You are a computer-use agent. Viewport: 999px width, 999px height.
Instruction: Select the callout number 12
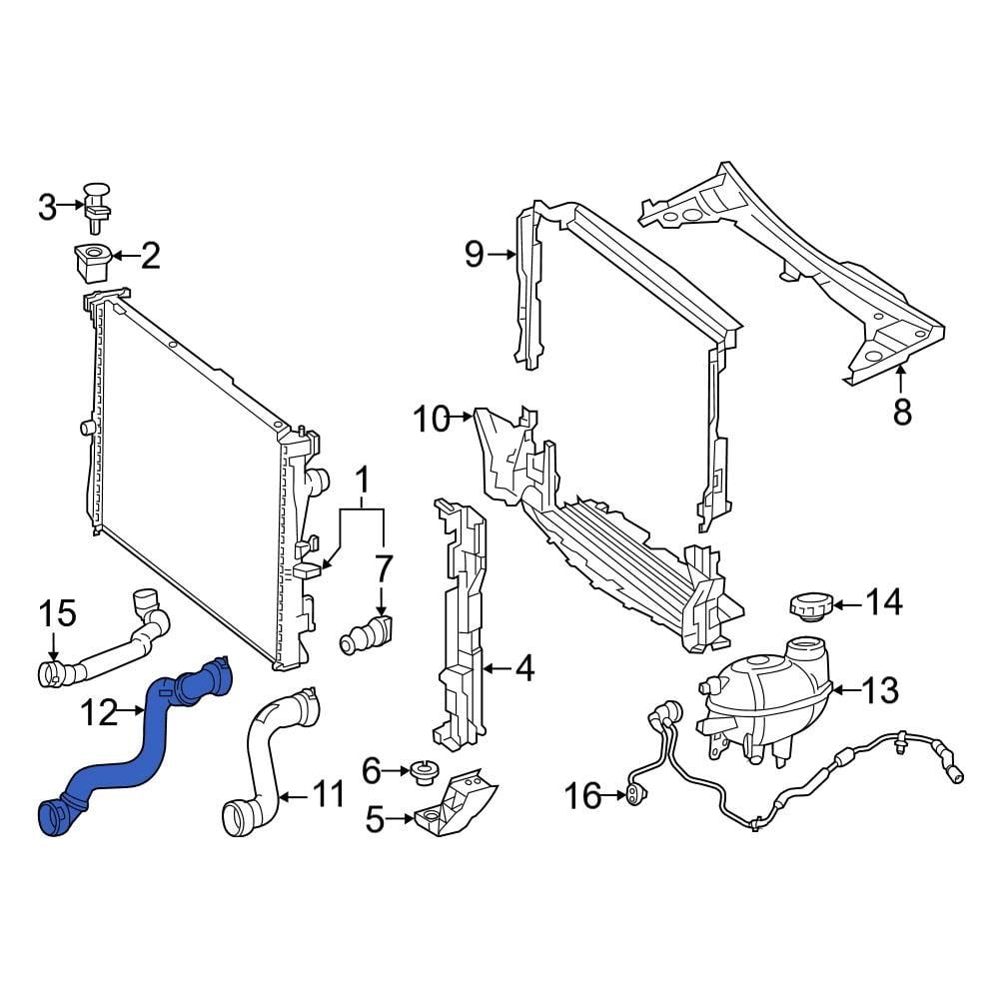(x=99, y=713)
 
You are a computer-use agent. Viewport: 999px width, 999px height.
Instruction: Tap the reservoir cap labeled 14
(x=808, y=604)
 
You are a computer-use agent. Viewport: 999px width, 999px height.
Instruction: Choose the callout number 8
(x=902, y=411)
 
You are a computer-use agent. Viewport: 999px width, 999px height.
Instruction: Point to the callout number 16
(x=582, y=796)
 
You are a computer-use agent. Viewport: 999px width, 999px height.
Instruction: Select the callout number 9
(x=474, y=255)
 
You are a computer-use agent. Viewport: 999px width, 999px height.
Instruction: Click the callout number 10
(x=432, y=420)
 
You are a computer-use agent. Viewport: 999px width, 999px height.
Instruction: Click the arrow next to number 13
(x=843, y=689)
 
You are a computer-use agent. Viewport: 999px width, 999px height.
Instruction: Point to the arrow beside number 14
(x=847, y=603)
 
